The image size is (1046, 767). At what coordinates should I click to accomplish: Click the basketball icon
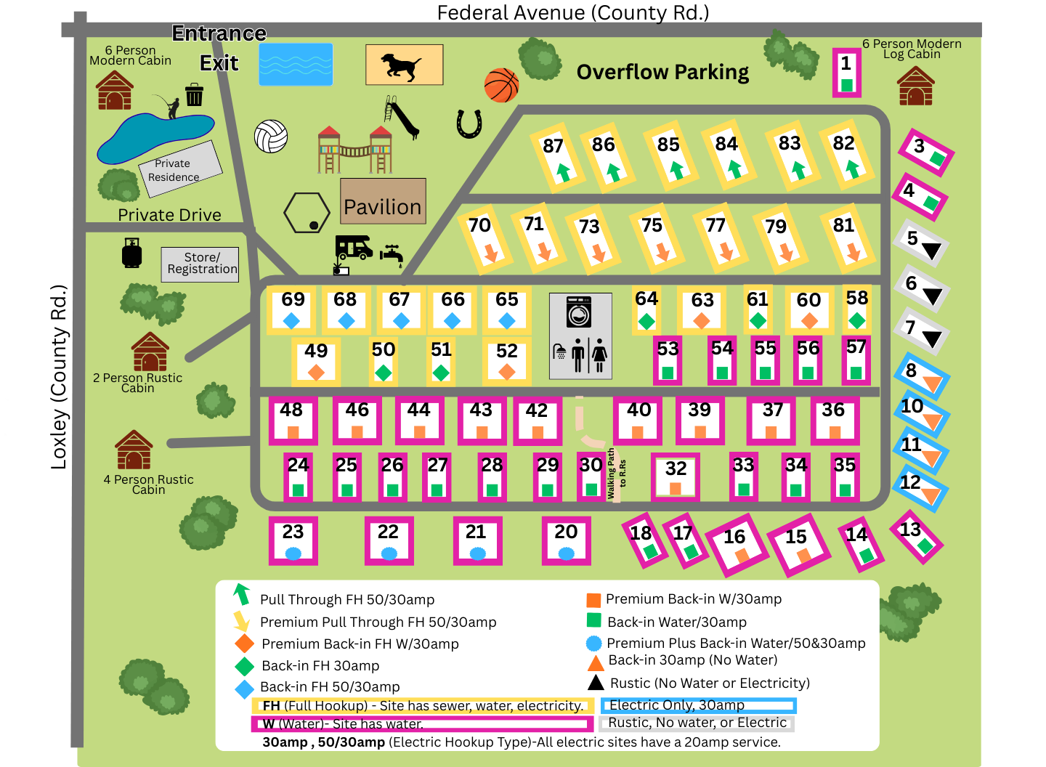pyautogui.click(x=501, y=86)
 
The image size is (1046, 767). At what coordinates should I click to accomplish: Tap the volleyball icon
pyautogui.click(x=271, y=136)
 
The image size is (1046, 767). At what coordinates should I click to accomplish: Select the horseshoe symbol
pyautogui.click(x=469, y=123)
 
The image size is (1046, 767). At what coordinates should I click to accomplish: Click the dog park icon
pyautogui.click(x=404, y=65)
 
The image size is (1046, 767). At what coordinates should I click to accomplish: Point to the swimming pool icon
pyautogui.click(x=296, y=65)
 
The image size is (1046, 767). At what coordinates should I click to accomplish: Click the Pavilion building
pyautogui.click(x=383, y=201)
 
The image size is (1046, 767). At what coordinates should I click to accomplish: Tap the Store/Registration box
pyautogui.click(x=200, y=264)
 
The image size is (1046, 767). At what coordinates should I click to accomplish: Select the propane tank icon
pyautogui.click(x=131, y=253)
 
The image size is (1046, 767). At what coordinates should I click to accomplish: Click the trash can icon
pyautogui.click(x=194, y=95)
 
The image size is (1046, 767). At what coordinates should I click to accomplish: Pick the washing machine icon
pyautogui.click(x=579, y=312)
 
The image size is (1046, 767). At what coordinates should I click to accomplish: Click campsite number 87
pyautogui.click(x=558, y=158)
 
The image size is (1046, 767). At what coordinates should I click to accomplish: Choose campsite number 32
pyautogui.click(x=676, y=476)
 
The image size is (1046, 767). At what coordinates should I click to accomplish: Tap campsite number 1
pyautogui.click(x=846, y=73)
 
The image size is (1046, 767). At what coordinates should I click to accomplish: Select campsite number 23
pyautogui.click(x=293, y=540)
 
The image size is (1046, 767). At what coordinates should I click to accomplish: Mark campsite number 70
pyautogui.click(x=485, y=238)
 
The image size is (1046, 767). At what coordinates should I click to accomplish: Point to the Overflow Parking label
pyautogui.click(x=662, y=72)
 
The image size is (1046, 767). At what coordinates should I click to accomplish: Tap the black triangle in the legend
pyautogui.click(x=596, y=682)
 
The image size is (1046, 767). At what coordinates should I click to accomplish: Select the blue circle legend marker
pyautogui.click(x=593, y=643)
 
